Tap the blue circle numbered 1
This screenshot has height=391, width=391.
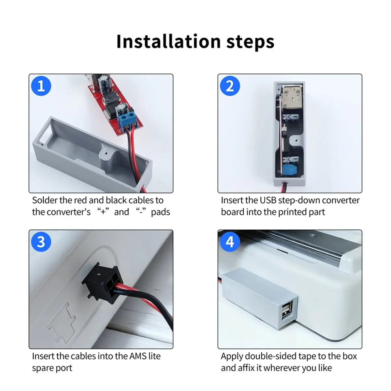pyautogui.click(x=41, y=86)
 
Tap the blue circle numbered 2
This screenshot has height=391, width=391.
pyautogui.click(x=230, y=86)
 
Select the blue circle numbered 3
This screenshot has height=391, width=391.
pyautogui.click(x=41, y=242)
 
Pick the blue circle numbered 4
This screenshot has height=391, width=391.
pyautogui.click(x=230, y=242)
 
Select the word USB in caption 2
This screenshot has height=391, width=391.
pyautogui.click(x=267, y=200)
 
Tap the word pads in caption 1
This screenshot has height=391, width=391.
pyautogui.click(x=160, y=212)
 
